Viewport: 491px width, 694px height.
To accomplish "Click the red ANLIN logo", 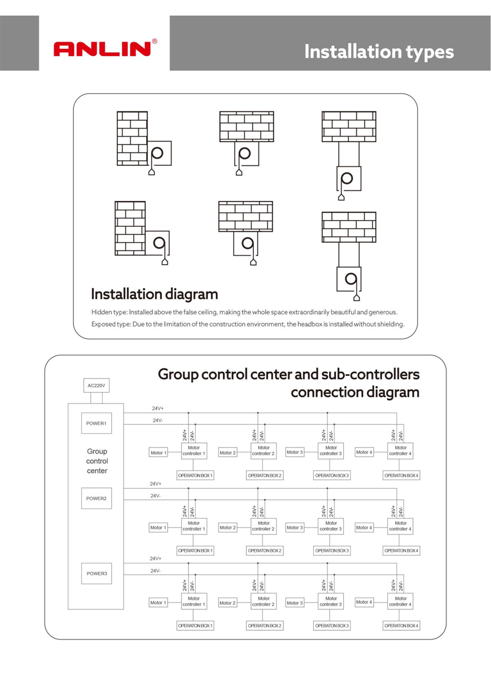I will (102, 49).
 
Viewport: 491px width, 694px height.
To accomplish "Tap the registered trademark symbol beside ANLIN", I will (155, 41).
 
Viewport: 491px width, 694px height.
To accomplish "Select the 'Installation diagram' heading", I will (154, 294).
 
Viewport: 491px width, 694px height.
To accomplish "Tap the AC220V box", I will (97, 386).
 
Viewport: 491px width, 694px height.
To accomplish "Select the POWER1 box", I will (97, 423).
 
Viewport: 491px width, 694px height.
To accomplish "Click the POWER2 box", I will (97, 498).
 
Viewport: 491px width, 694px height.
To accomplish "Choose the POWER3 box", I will (97, 573).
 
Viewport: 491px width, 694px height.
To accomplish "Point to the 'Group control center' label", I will (97, 461).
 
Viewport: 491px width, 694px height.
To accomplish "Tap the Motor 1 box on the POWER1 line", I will (158, 453).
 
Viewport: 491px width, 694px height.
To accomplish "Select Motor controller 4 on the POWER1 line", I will (400, 451).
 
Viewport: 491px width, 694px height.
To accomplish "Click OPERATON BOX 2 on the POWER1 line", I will (265, 476).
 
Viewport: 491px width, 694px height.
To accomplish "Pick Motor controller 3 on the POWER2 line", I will (331, 526).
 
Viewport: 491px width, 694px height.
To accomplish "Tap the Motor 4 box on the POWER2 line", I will (364, 528).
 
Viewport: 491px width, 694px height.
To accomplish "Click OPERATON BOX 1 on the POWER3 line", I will (195, 626).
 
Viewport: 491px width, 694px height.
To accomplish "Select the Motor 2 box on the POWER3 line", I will (227, 603).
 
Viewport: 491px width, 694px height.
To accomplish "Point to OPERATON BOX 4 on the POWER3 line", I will (401, 626).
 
